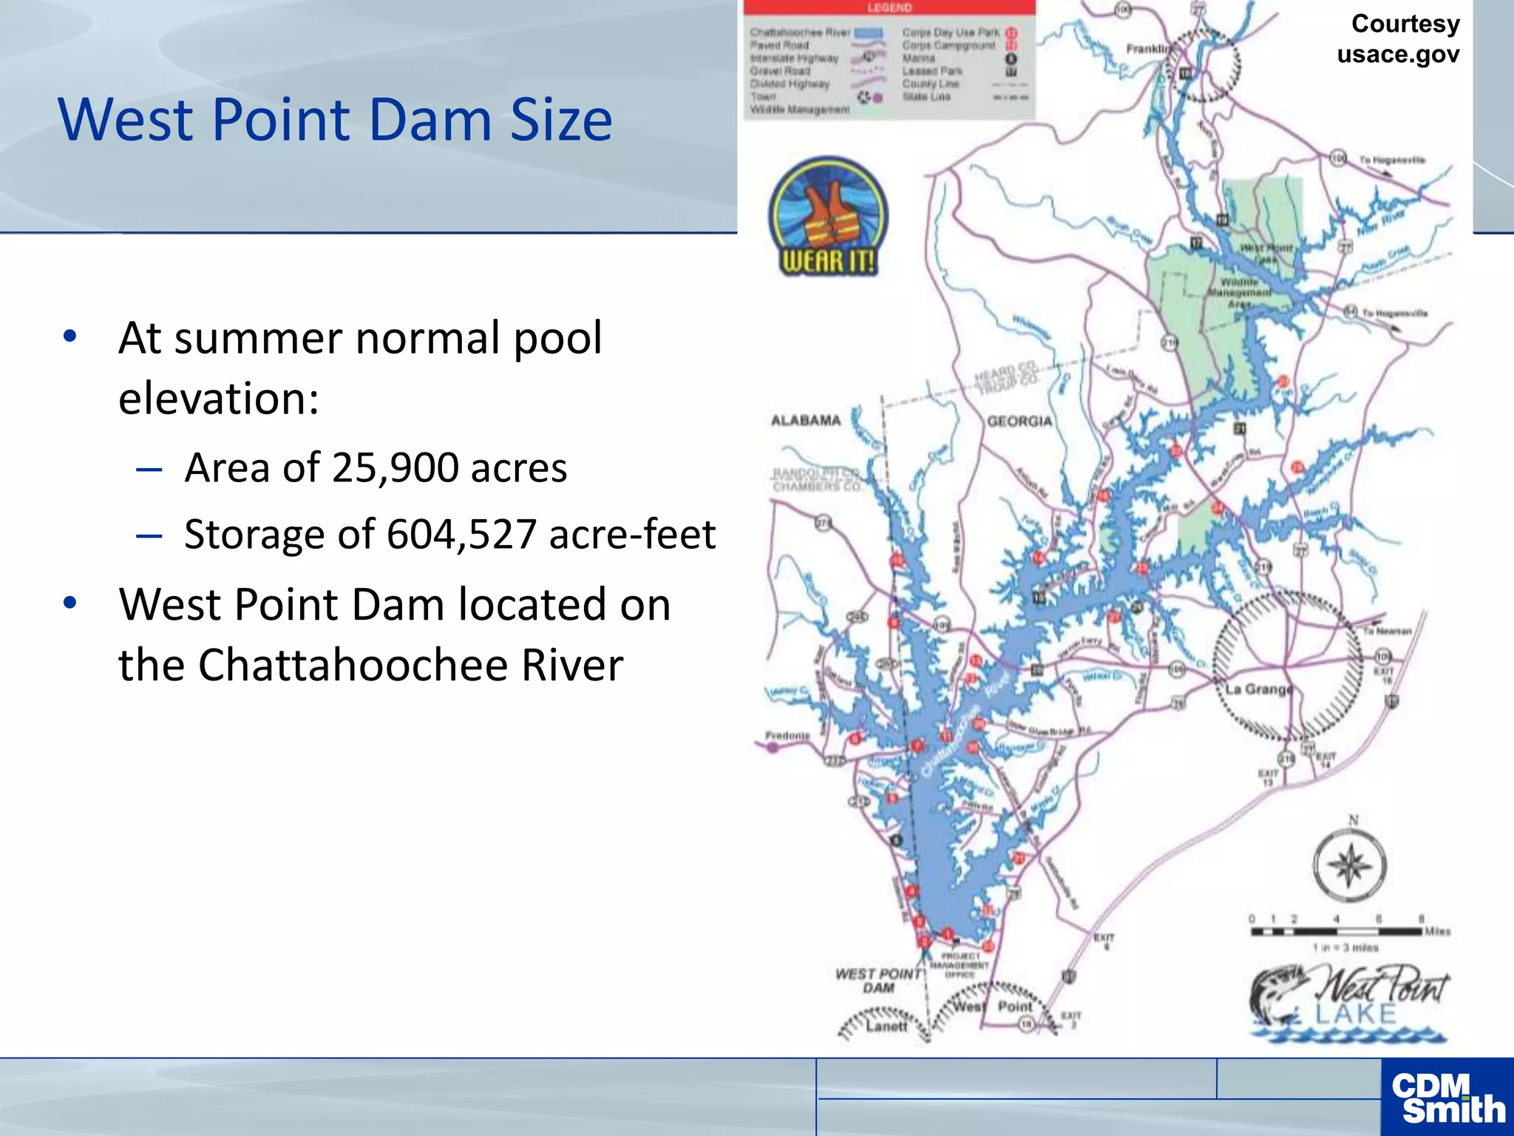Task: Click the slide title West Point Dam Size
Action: pyautogui.click(x=335, y=119)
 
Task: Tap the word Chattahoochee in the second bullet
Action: pyautogui.click(x=354, y=664)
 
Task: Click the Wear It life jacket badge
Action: pyautogui.click(x=828, y=216)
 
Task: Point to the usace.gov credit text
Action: pyautogui.click(x=1398, y=54)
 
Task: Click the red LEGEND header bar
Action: pyautogui.click(x=889, y=7)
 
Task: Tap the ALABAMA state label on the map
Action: pyautogui.click(x=806, y=421)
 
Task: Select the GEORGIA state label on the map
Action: pyautogui.click(x=1019, y=421)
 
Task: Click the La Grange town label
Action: pyautogui.click(x=1259, y=689)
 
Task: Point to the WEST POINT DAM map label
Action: pyautogui.click(x=878, y=981)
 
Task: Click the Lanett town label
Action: pyautogui.click(x=886, y=1027)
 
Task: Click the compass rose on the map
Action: pyautogui.click(x=1350, y=865)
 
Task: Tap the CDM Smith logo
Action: pyautogui.click(x=1447, y=1098)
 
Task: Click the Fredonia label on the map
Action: pyautogui.click(x=787, y=735)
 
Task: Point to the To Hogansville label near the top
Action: pyautogui.click(x=1392, y=160)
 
